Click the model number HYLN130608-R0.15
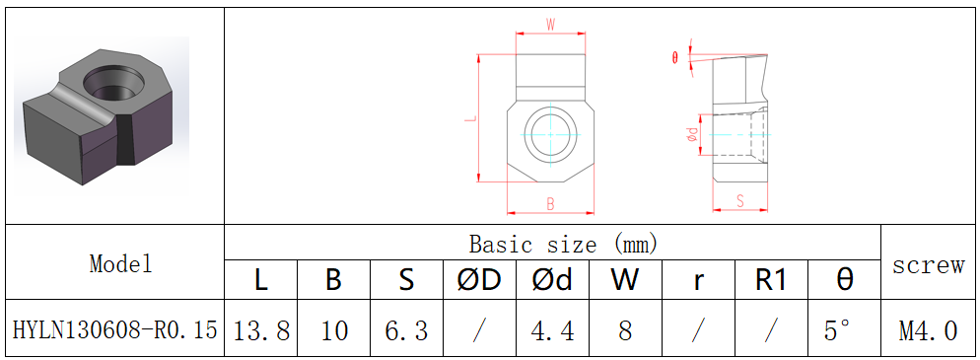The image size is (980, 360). pyautogui.click(x=115, y=329)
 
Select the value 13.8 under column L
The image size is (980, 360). pyautogui.click(x=261, y=329)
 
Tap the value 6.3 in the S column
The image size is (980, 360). pyautogui.click(x=406, y=329)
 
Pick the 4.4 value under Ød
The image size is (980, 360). pyautogui.click(x=552, y=329)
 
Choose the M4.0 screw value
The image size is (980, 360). pyautogui.click(x=928, y=329)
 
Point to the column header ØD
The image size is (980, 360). pyautogui.click(x=479, y=280)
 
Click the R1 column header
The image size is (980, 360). pyautogui.click(x=771, y=280)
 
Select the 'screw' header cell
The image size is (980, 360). pyautogui.click(x=928, y=265)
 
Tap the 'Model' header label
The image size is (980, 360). pyautogui.click(x=120, y=263)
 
